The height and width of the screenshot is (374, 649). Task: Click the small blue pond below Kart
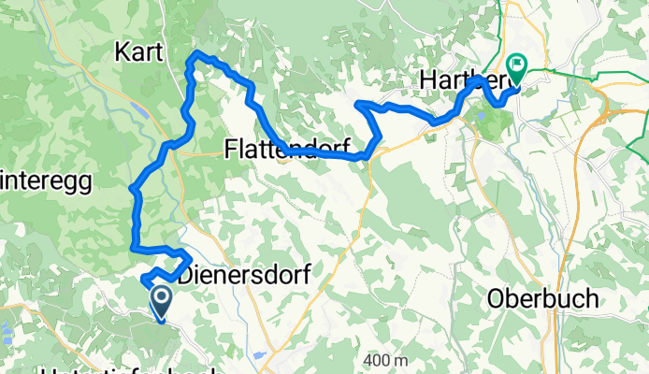pos(139,108)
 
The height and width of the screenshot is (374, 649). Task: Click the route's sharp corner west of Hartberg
pos(359,102)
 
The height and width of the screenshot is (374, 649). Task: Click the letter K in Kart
pos(120,51)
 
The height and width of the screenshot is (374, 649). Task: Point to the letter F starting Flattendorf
pos(230,147)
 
